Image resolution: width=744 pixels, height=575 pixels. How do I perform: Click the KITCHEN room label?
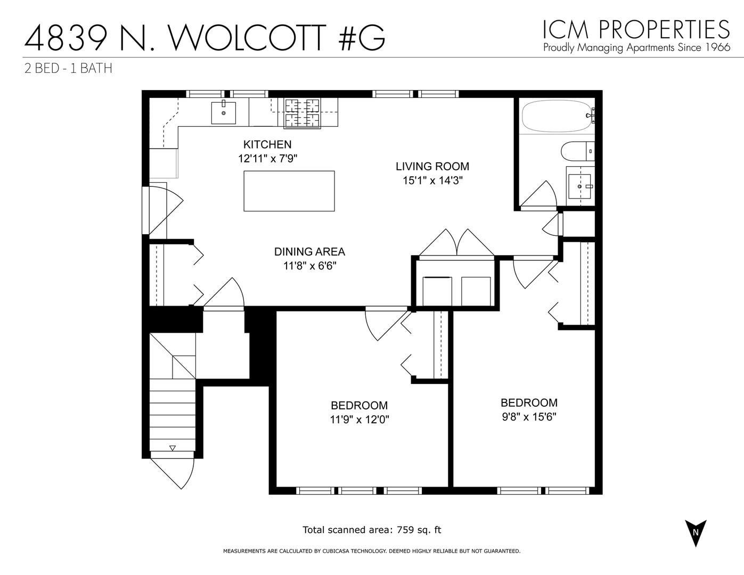pos(267,144)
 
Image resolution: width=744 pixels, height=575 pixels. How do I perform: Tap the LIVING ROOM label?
pos(432,166)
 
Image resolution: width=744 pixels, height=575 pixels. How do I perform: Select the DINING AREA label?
pos(309,252)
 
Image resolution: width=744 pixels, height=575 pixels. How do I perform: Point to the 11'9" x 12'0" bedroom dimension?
pos(359,420)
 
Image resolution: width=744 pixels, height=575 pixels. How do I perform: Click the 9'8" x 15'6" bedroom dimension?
pos(529,417)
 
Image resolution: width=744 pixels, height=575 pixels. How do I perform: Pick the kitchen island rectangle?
pos(289,191)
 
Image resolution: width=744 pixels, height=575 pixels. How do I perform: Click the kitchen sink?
pos(224,112)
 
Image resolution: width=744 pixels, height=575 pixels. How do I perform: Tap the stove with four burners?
pos(302,113)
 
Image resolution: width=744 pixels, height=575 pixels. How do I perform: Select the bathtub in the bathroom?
pos(557,116)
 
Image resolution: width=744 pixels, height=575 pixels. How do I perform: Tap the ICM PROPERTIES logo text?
pos(636,29)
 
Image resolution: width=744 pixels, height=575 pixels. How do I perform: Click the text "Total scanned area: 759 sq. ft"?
pos(372,530)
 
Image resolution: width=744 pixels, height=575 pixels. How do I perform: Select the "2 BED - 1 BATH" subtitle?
pos(68,69)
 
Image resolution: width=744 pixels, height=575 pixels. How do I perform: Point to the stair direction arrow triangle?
pos(172,448)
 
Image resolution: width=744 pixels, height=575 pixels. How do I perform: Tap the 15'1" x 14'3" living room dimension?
pos(432,180)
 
